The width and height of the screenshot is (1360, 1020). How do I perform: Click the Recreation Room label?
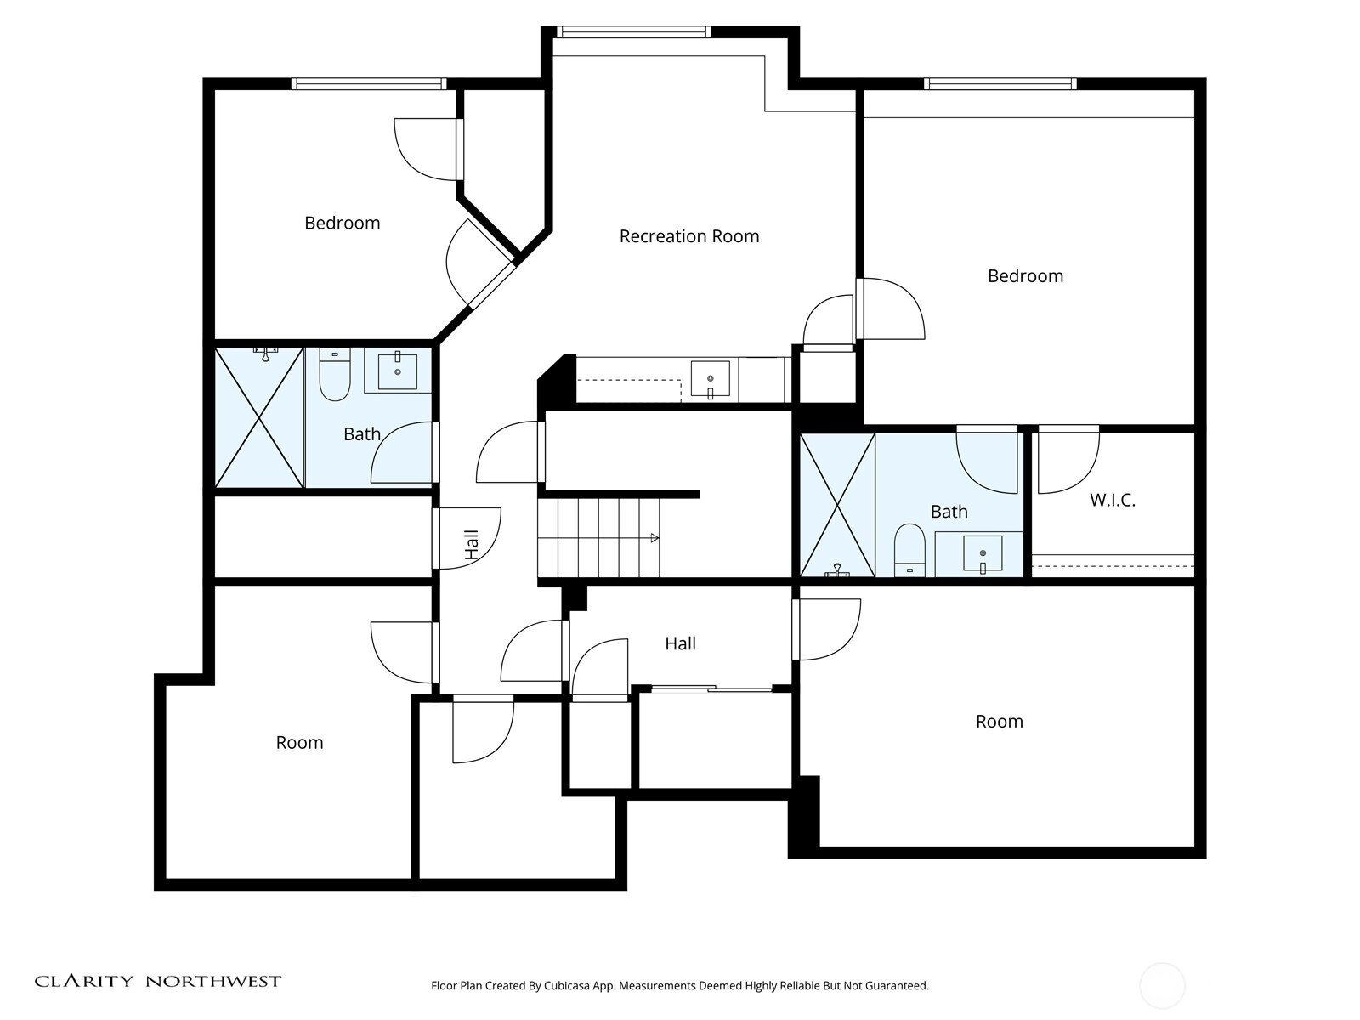(x=689, y=236)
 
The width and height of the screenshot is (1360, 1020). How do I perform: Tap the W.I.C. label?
(x=1112, y=500)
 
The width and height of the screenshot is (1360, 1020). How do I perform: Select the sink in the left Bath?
(x=397, y=371)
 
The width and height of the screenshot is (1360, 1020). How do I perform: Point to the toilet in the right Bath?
(x=909, y=550)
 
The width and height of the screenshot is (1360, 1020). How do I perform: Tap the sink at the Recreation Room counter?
(x=710, y=379)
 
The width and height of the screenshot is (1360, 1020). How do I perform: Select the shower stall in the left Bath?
(x=259, y=417)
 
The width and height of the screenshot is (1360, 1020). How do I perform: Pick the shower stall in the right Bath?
(x=837, y=506)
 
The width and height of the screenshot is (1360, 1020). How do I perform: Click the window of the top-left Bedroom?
(x=369, y=83)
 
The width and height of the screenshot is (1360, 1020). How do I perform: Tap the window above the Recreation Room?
(x=633, y=31)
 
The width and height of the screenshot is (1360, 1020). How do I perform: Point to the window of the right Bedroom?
(x=1000, y=83)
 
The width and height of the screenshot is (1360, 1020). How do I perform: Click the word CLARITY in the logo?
(x=83, y=982)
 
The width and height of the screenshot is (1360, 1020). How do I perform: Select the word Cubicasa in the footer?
(x=567, y=986)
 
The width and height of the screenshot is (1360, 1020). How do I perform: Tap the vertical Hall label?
(x=472, y=545)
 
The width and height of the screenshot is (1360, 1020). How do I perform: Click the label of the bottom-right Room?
(x=999, y=721)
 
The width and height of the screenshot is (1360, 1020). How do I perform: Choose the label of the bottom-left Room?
(x=299, y=742)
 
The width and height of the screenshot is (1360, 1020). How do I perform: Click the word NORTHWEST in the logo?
(x=213, y=982)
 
